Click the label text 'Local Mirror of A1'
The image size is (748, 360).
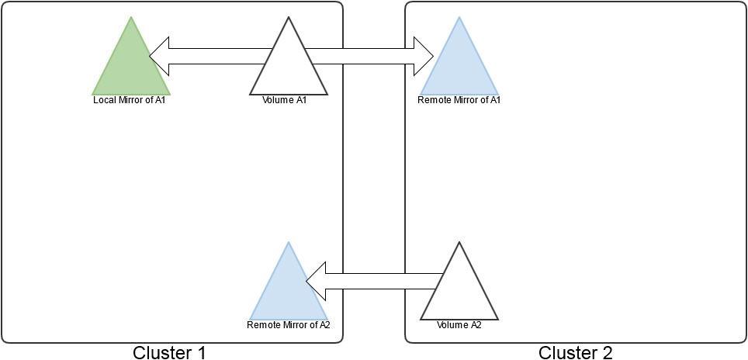[130, 100]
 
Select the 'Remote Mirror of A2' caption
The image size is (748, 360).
[289, 325]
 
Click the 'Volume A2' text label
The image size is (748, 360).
[459, 325]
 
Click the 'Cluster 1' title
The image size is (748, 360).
[170, 352]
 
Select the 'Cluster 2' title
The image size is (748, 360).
[576, 352]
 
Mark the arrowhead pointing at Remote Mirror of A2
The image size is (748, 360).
[316, 281]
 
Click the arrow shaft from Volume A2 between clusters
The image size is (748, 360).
[374, 281]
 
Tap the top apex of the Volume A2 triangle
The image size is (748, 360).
[459, 244]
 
